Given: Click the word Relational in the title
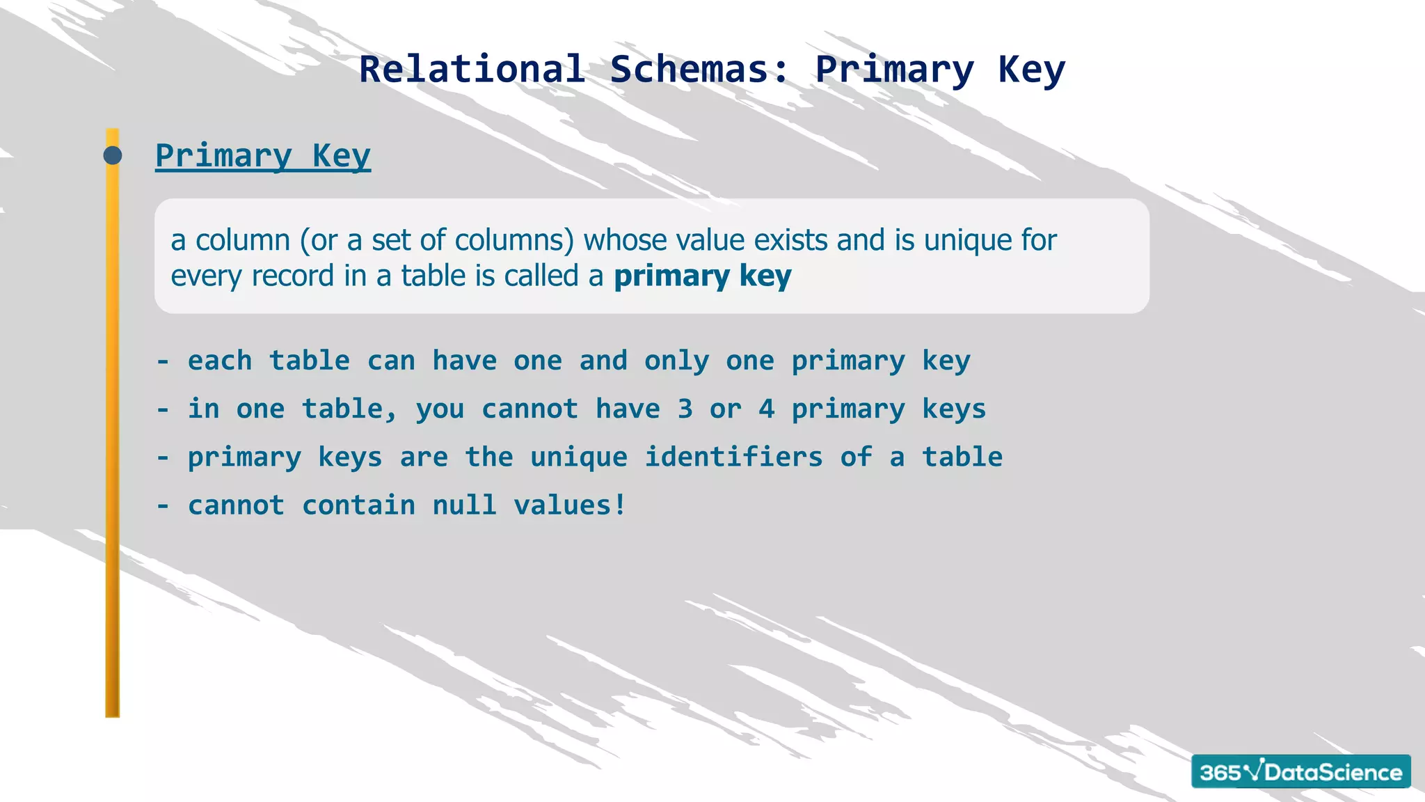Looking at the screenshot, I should pos(472,70).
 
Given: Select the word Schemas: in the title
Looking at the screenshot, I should pos(700,70).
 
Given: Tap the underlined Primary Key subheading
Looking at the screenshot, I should pos(263,155).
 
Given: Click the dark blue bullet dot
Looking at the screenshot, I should pos(113,155).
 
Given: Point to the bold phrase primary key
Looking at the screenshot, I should pos(702,276).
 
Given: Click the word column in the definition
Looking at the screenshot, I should pos(242,240).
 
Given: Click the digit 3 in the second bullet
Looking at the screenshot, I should pos(685,409).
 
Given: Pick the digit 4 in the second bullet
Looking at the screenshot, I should pos(767,409).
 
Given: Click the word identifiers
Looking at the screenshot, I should pos(733,457).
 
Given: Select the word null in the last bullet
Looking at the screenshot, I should pos(465,505).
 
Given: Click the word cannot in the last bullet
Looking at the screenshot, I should pos(237,505).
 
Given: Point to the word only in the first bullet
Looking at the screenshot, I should pos(676,361).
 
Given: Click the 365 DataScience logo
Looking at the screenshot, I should pos(1300,771).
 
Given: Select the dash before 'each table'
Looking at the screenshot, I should pos(163,361).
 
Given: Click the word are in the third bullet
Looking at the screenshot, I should pos(424,457).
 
